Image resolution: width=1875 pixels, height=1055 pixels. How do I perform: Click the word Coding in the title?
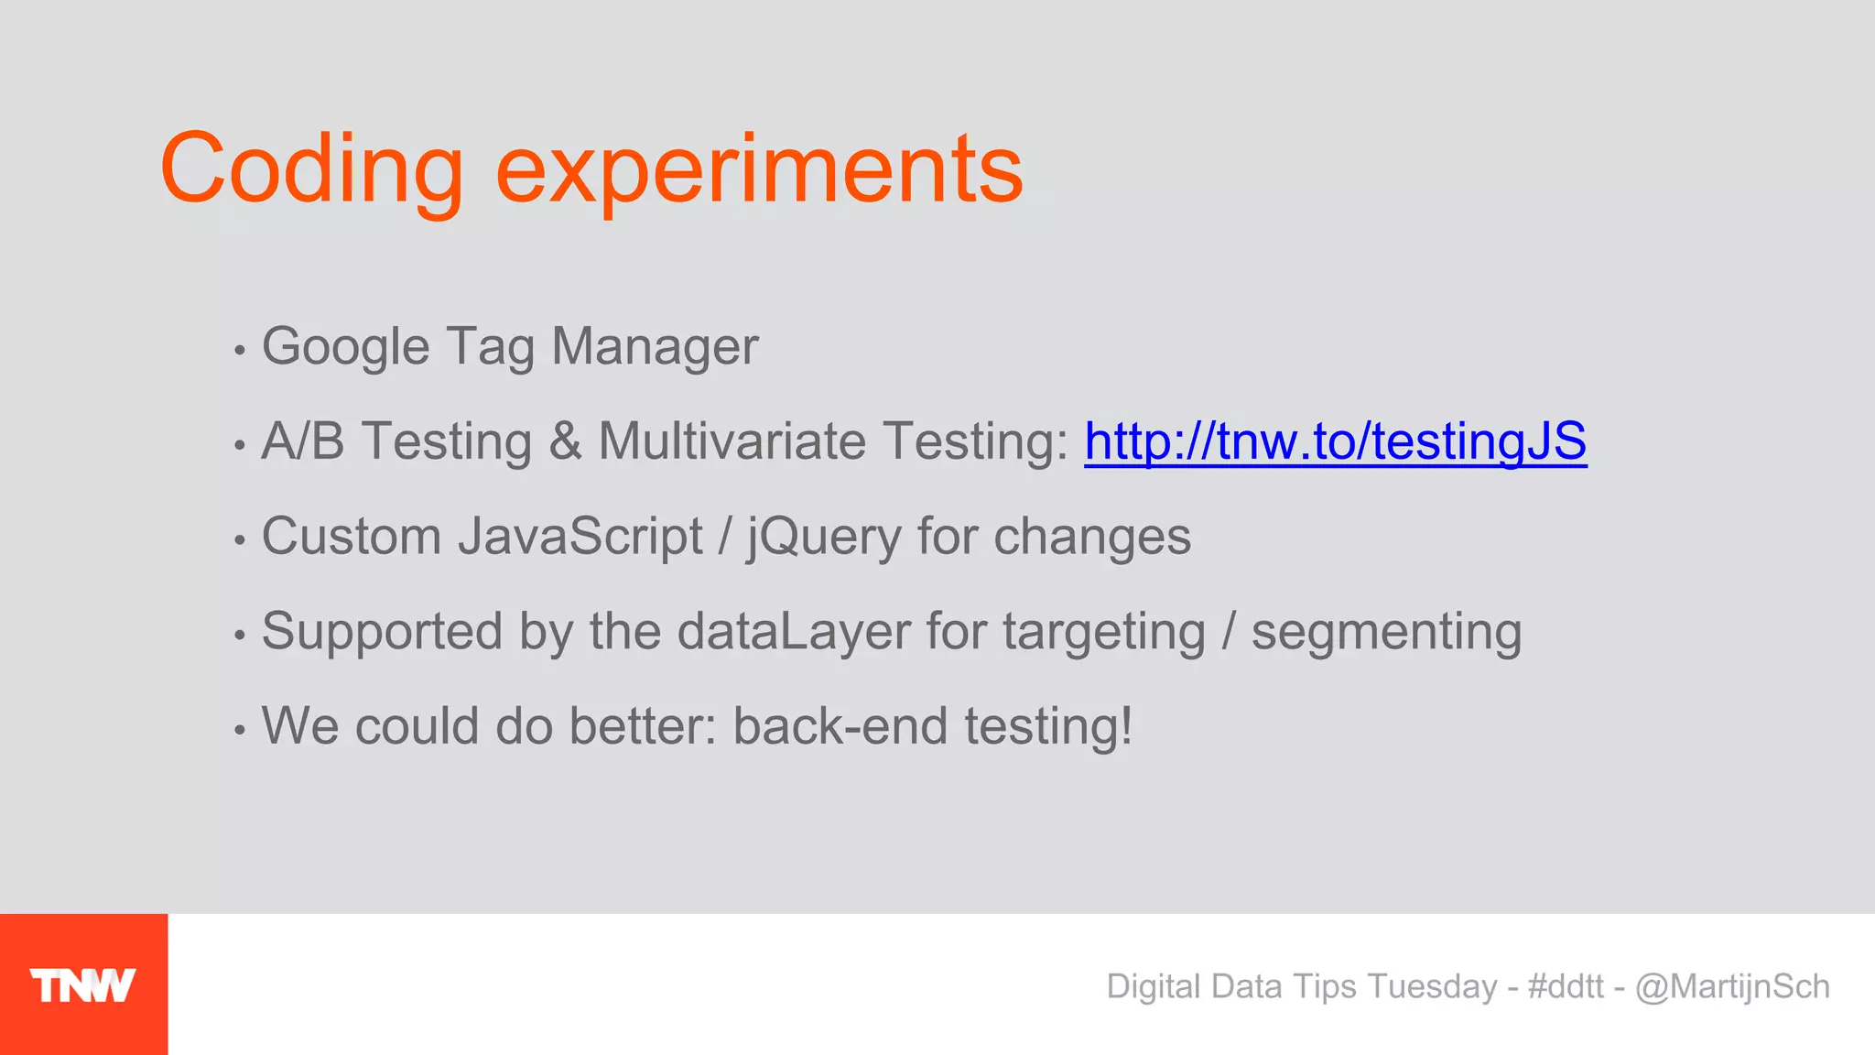click(x=312, y=169)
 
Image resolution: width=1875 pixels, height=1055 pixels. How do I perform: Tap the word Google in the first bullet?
click(x=345, y=348)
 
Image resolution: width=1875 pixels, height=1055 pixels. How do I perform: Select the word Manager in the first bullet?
click(x=655, y=346)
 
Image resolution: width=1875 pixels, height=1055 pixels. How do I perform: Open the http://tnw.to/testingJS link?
click(x=1335, y=441)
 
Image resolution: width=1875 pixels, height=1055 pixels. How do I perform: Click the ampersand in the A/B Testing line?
click(x=566, y=441)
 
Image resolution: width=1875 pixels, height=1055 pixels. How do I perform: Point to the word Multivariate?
click(x=732, y=441)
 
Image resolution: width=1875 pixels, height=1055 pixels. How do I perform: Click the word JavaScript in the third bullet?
click(x=580, y=537)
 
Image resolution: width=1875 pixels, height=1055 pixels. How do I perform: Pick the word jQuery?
click(x=824, y=537)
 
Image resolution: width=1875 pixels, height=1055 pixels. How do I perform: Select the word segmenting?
click(x=1386, y=632)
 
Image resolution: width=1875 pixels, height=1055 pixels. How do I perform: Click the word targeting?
click(x=1104, y=632)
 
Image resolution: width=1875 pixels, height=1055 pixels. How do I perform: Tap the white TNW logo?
click(x=82, y=985)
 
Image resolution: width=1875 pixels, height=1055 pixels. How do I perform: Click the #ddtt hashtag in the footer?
click(x=1566, y=986)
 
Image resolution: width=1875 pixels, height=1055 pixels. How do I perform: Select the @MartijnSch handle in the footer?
click(x=1732, y=986)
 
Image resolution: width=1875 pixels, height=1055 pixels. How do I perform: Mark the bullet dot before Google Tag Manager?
click(x=240, y=351)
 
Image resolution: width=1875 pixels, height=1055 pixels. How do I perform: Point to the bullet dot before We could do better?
click(x=240, y=730)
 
